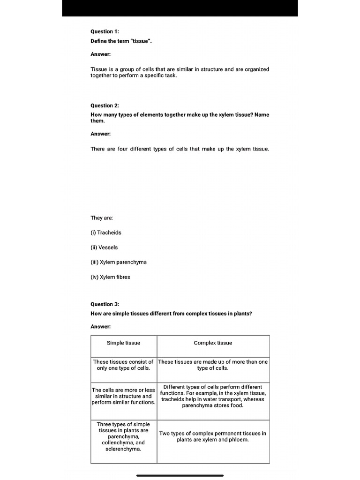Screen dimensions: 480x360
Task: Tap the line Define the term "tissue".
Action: coord(121,41)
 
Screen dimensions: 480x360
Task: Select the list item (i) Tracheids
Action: coord(106,232)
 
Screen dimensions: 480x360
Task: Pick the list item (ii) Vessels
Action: coord(104,247)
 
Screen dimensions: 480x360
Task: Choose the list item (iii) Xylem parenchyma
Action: coord(119,262)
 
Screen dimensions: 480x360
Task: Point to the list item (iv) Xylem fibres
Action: coord(110,277)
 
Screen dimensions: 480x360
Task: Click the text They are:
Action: coord(102,218)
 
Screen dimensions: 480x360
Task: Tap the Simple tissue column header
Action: coord(123,343)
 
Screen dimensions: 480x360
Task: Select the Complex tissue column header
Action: coord(213,343)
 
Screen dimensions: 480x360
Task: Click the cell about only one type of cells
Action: coord(123,365)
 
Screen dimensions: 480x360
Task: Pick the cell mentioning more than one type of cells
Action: coord(213,365)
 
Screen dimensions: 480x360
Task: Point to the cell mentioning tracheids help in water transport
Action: coord(213,396)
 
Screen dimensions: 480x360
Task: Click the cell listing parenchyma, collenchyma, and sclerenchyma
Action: coord(123,436)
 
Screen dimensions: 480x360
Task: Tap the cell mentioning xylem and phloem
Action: coord(213,436)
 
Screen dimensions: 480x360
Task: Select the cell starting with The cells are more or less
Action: coord(123,396)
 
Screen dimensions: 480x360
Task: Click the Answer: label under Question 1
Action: coord(100,54)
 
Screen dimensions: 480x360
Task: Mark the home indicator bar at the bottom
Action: coord(180,475)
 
